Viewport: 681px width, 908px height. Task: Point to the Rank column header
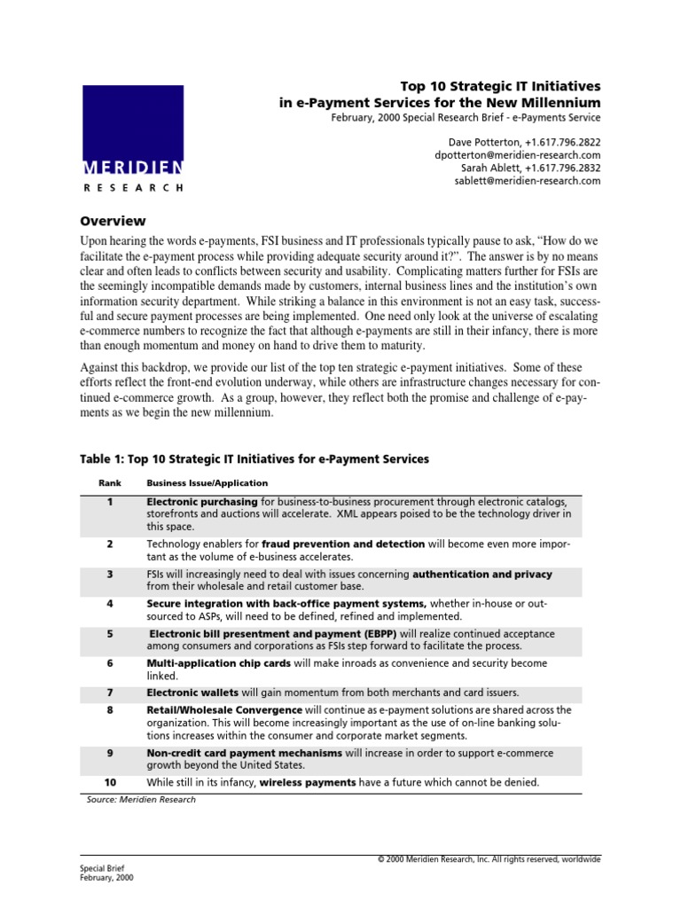pyautogui.click(x=108, y=483)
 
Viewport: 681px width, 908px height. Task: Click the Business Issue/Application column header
pyautogui.click(x=207, y=483)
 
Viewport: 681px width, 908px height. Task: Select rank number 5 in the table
pyautogui.click(x=110, y=634)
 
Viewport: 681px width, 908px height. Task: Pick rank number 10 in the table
pyautogui.click(x=110, y=782)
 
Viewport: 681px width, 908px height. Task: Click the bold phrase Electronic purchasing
pyautogui.click(x=202, y=502)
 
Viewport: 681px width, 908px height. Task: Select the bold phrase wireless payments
pyautogui.click(x=308, y=782)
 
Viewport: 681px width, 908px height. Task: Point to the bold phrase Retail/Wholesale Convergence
pyautogui.click(x=224, y=710)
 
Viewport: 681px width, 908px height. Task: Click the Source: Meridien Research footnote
pyautogui.click(x=141, y=799)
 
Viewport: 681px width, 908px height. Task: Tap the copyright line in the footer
pyautogui.click(x=489, y=858)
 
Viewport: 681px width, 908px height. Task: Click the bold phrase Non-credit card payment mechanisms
pyautogui.click(x=244, y=752)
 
